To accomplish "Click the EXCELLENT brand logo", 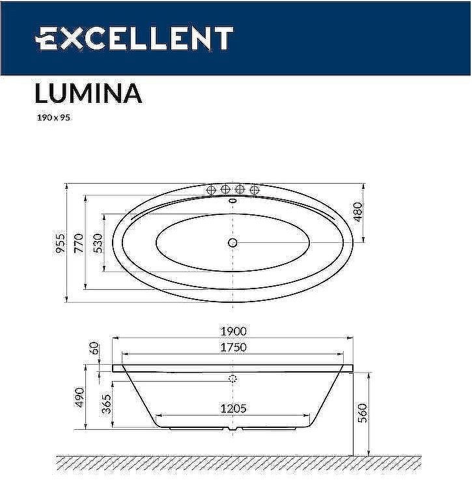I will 133,38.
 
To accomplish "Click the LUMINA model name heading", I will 88,94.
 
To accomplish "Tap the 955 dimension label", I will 61,243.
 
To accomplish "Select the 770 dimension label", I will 79,243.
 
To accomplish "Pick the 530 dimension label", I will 98,243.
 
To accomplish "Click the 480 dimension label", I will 357,212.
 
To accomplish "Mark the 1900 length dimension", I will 233,332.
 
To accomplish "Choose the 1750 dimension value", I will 233,347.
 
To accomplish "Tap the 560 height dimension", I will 363,412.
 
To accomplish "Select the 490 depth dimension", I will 79,397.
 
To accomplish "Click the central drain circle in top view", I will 232,243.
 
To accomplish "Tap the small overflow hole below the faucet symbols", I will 232,201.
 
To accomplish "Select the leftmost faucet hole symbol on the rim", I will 210,190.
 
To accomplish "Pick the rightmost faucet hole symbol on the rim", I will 255,190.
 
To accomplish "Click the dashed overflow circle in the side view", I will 233,378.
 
